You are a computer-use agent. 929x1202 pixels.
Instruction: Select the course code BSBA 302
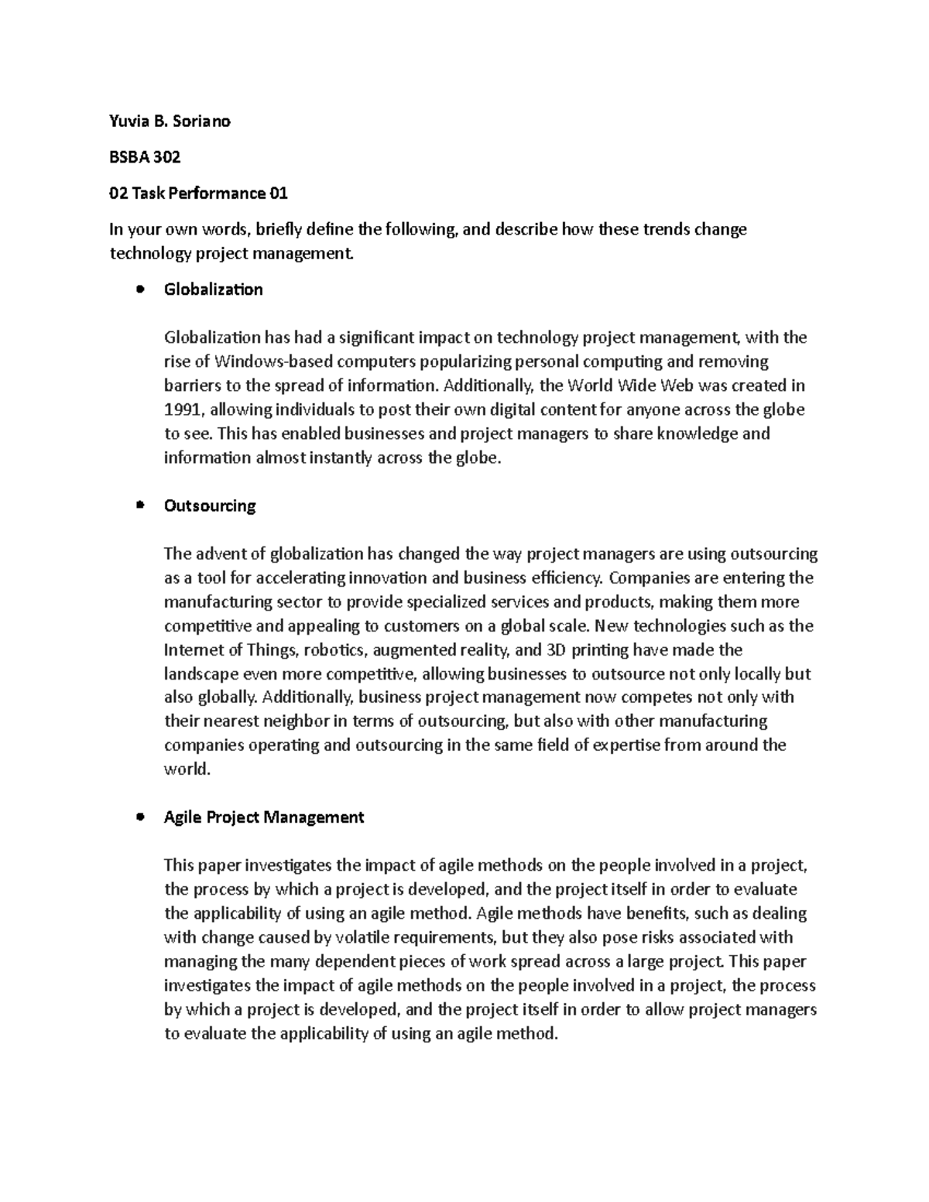(x=145, y=157)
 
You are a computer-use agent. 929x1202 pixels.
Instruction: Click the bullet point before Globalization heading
(x=139, y=289)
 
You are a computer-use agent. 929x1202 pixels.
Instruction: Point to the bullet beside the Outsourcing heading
(x=139, y=505)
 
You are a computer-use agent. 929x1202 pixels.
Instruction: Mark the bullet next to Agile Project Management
(x=139, y=817)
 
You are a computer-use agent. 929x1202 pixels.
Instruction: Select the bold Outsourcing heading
(x=210, y=505)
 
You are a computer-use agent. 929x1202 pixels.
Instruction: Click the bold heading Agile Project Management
(x=264, y=817)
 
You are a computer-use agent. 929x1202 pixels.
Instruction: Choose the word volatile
(x=364, y=937)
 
